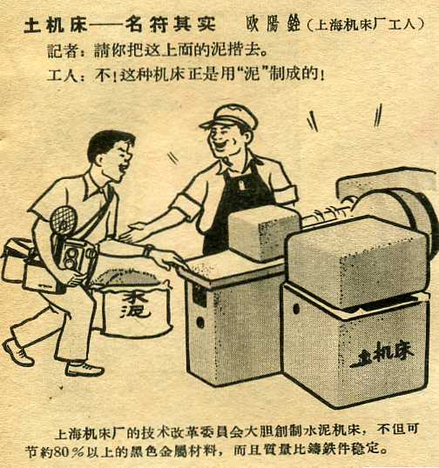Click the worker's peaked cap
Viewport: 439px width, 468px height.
click(x=229, y=117)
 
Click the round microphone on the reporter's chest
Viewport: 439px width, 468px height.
click(x=64, y=220)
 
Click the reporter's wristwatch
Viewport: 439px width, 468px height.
click(x=148, y=251)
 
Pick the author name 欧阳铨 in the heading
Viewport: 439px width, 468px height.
click(x=273, y=23)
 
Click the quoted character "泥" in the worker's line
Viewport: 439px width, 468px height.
click(x=250, y=74)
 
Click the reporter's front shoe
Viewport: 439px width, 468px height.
click(x=84, y=369)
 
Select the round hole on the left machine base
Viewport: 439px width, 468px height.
click(x=200, y=323)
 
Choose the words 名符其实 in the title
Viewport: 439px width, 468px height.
click(x=170, y=24)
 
